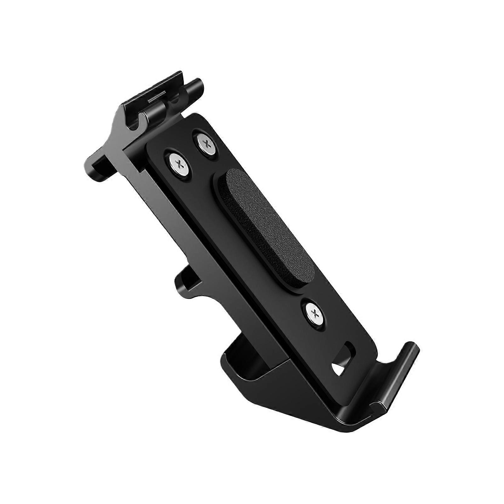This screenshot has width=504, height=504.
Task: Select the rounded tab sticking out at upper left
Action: (94, 162)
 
